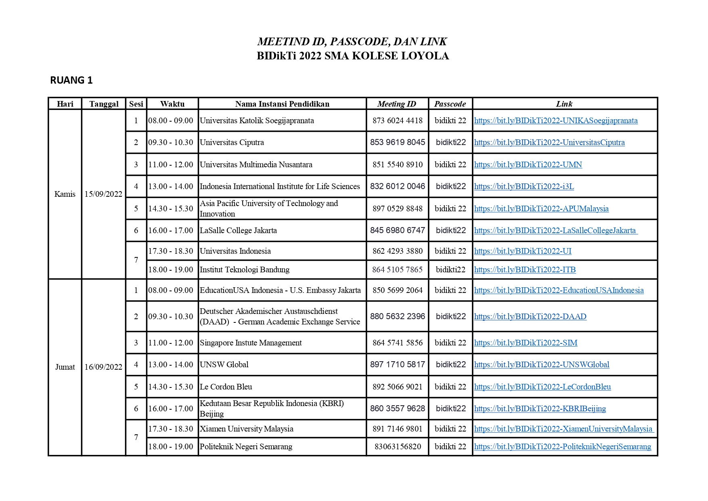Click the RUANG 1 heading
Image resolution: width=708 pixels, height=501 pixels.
click(x=71, y=80)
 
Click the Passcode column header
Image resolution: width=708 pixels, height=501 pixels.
click(x=450, y=104)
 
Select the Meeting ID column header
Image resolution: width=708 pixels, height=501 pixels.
click(x=396, y=104)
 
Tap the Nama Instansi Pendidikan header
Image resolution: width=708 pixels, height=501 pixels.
click(x=282, y=104)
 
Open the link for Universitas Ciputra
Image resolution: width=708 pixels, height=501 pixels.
click(x=549, y=142)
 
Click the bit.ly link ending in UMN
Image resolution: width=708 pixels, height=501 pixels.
click(x=528, y=164)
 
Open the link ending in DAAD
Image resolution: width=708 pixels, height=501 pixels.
click(x=530, y=316)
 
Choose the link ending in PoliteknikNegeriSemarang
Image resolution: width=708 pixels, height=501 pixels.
click(x=562, y=446)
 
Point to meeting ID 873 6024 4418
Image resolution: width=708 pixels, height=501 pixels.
click(x=398, y=120)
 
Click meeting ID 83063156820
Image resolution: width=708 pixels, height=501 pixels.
click(x=398, y=446)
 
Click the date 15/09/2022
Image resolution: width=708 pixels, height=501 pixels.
click(x=103, y=194)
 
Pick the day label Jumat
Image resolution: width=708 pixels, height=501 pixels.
click(x=65, y=367)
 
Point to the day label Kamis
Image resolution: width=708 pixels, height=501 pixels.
click(x=65, y=194)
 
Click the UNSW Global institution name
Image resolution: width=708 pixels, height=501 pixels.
click(x=224, y=364)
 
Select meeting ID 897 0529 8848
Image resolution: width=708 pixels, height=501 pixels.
click(x=398, y=208)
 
